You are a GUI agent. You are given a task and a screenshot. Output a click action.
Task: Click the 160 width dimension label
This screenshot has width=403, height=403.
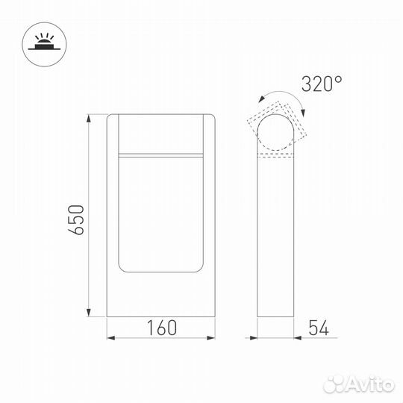point(162,328)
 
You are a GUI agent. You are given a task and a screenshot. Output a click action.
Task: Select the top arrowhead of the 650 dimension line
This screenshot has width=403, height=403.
point(90,118)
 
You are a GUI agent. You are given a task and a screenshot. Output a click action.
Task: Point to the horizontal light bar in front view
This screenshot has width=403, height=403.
point(161,154)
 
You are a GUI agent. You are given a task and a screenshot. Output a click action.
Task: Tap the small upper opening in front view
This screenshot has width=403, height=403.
point(161,134)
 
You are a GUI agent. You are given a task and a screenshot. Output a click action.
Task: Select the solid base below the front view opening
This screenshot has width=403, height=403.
point(161,295)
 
